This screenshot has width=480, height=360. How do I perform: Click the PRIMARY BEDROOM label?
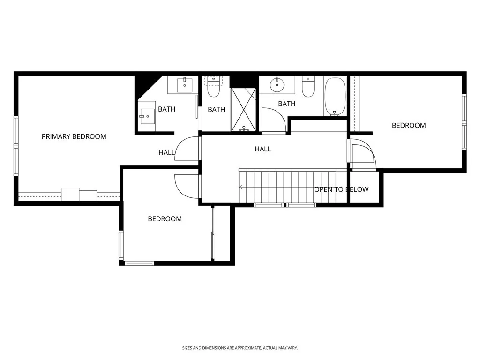74,136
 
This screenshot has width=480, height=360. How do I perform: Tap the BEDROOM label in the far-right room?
409,125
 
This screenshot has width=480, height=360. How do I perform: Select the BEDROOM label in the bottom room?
165,218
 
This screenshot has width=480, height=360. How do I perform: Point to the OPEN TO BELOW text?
341,189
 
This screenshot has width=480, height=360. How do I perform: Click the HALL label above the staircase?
262,149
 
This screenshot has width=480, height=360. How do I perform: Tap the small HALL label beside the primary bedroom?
166,152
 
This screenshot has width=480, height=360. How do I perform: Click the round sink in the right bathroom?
277,85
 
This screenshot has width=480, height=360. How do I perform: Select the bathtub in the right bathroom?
335,97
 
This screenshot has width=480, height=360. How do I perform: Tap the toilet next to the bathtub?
308,87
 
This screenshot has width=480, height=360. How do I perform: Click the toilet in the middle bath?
214,87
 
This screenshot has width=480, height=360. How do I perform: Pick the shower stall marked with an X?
243,109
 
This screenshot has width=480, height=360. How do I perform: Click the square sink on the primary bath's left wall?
147,116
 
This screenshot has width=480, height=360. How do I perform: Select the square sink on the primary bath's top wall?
184,85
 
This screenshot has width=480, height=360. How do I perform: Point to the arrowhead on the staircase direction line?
240,187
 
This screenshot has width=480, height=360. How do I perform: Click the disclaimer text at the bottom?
240,348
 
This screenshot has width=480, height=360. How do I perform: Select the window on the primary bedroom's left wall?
16,146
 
